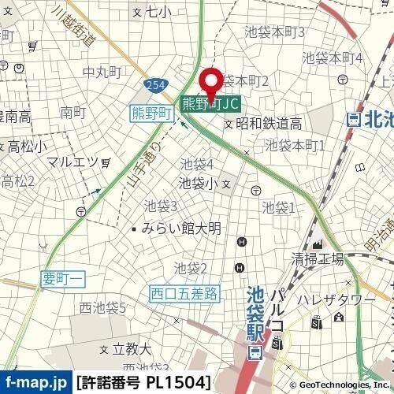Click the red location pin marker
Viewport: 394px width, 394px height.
[x=211, y=82]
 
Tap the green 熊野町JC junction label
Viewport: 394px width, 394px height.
[x=210, y=103]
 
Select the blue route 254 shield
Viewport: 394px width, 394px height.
[x=154, y=84]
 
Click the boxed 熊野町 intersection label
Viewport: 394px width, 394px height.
[x=151, y=114]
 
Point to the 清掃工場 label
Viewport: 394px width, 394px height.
[x=318, y=259]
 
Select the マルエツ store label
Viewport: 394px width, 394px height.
[x=72, y=162]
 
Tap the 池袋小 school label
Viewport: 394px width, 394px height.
[x=199, y=184]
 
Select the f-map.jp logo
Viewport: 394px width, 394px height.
[x=35, y=383]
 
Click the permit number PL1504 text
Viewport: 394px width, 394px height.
[x=143, y=383]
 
